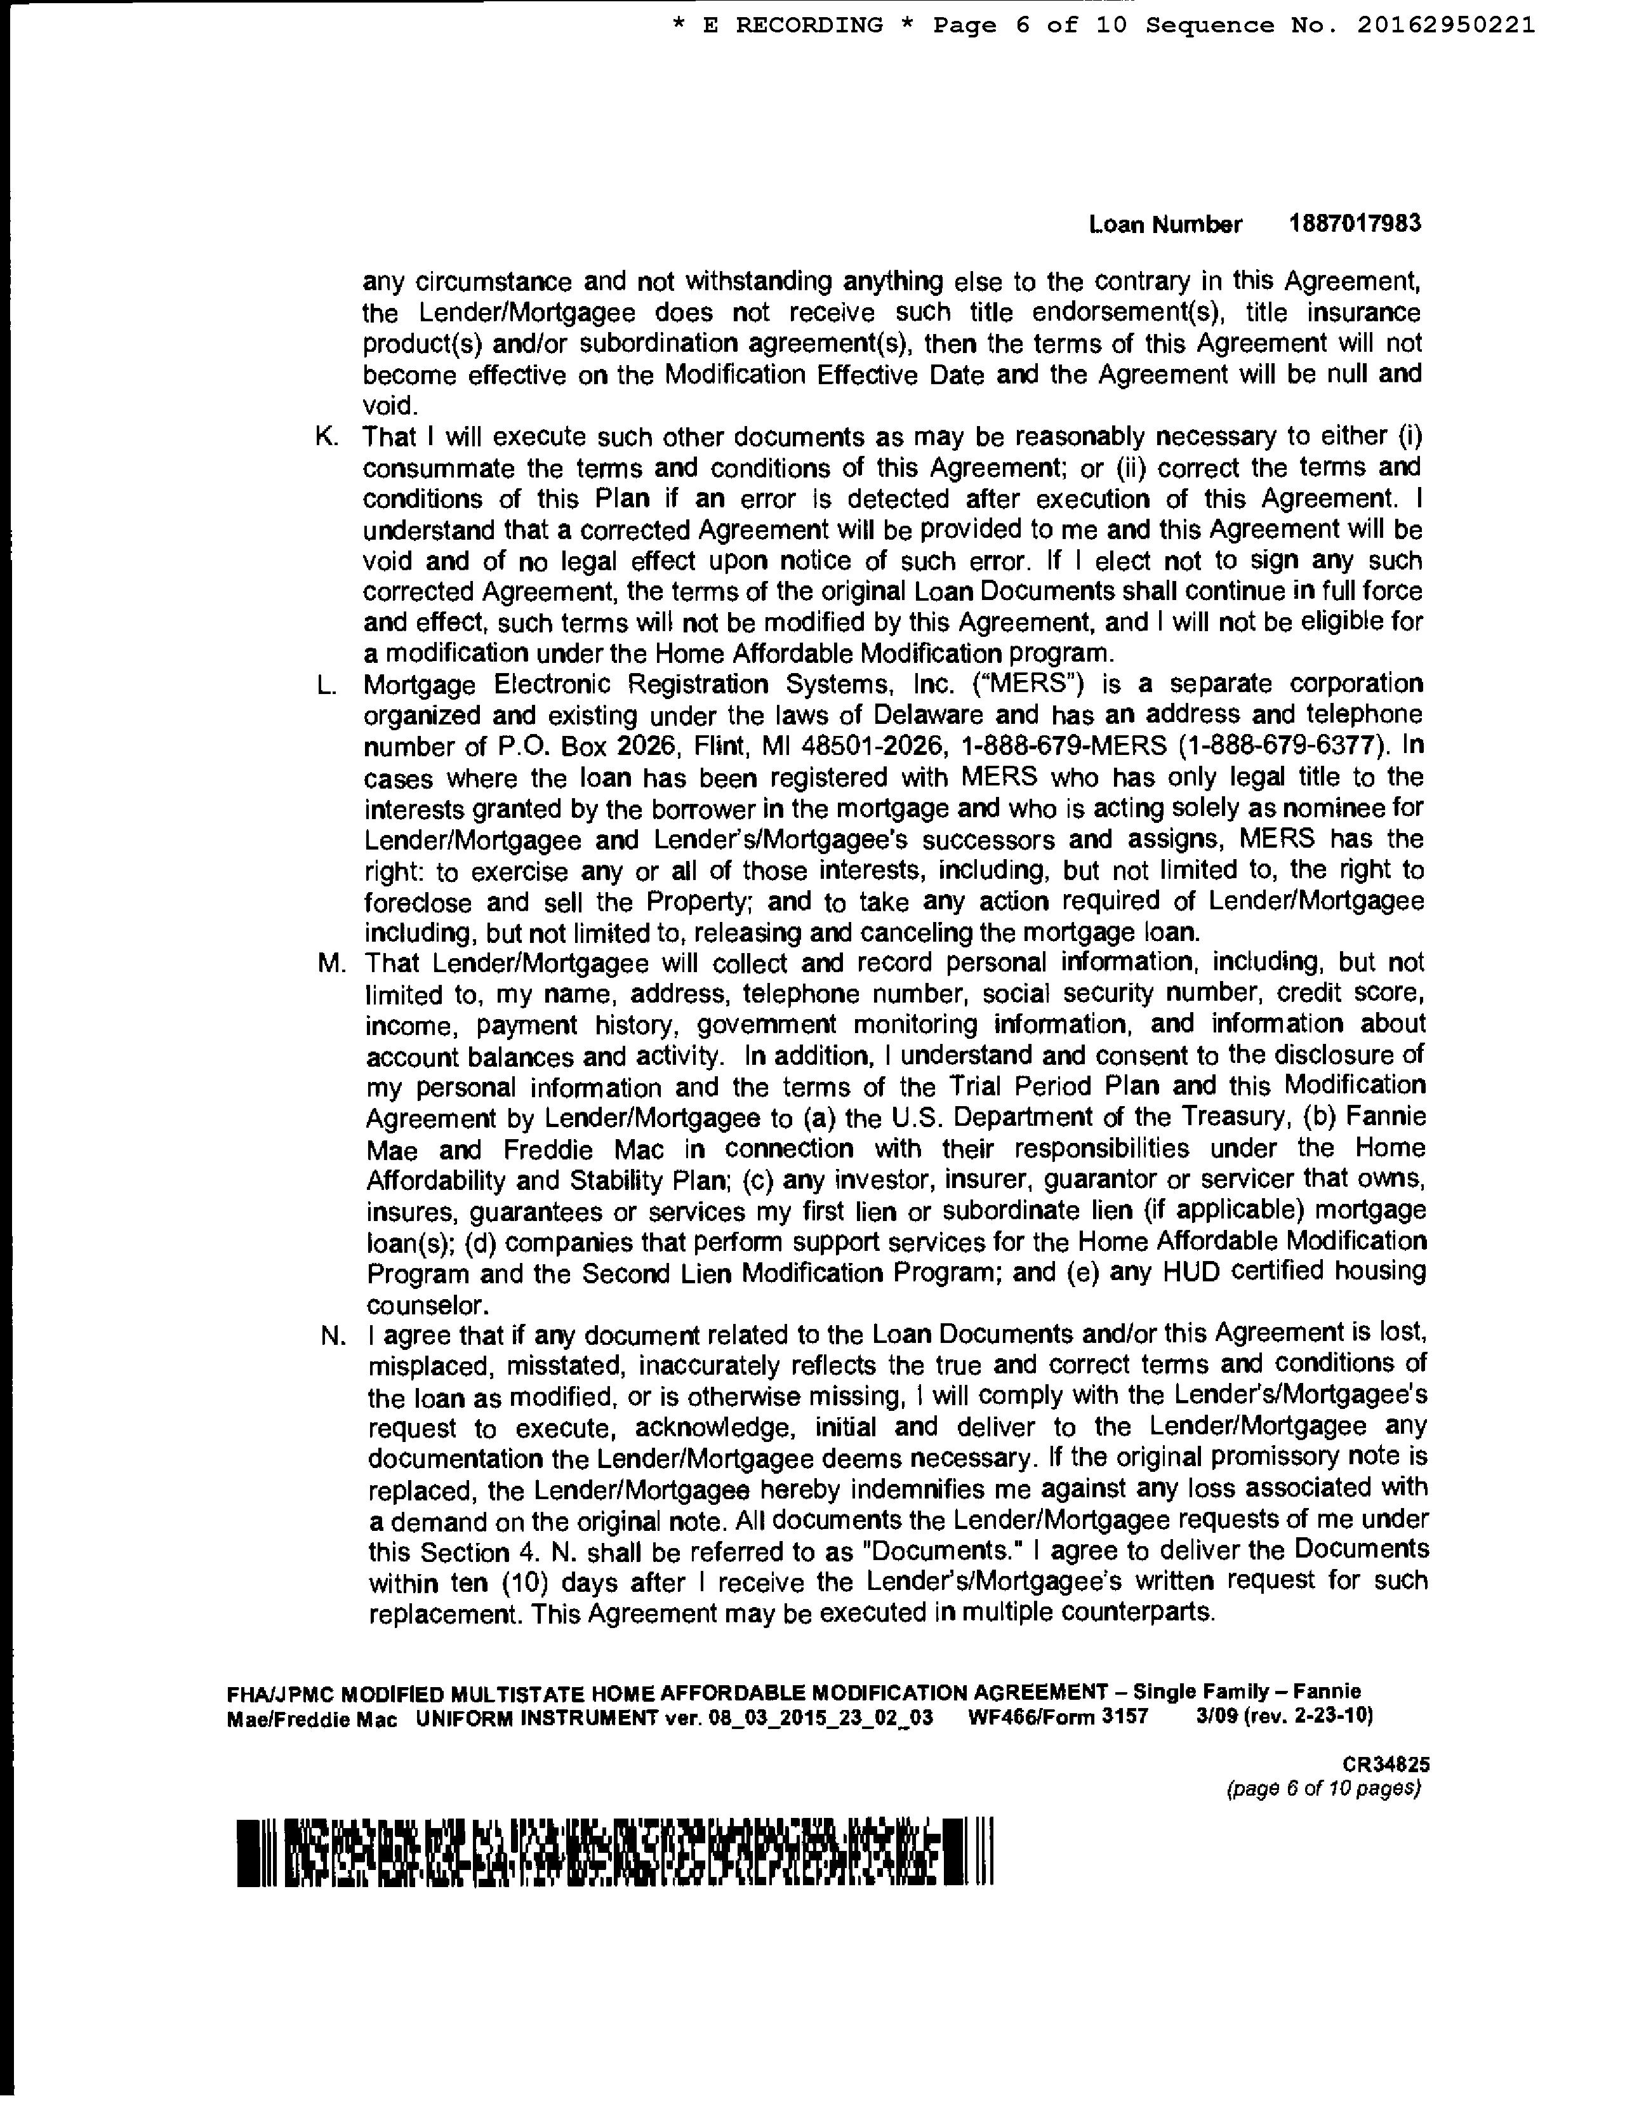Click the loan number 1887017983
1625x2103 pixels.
1355,224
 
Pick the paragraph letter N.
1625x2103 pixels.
332,1335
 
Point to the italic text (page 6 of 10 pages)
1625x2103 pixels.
1323,1789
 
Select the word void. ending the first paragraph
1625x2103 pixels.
389,405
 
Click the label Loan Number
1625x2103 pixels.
1165,225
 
